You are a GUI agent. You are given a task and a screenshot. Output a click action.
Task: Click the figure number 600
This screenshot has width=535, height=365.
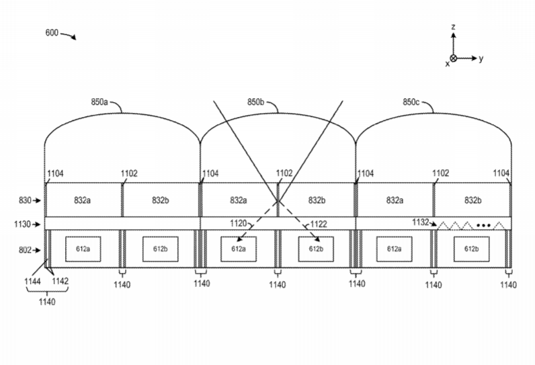click(51, 32)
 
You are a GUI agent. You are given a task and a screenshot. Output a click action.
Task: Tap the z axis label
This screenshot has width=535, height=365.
click(454, 27)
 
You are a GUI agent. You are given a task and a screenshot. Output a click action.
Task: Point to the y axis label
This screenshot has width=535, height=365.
click(481, 58)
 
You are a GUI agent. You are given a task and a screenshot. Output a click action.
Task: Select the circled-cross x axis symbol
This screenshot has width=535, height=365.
click(454, 58)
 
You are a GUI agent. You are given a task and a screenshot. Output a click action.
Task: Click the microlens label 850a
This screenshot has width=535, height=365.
click(99, 102)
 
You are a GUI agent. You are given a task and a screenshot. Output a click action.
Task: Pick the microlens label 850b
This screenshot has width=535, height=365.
click(255, 102)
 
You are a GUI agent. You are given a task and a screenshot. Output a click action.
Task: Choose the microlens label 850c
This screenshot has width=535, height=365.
click(411, 102)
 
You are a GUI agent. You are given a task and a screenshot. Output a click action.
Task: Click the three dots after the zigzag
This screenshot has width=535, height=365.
click(483, 224)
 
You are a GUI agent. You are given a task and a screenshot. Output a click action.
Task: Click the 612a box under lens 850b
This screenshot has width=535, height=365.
click(238, 249)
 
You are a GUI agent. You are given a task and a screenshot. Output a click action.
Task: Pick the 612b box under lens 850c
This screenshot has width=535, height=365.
click(471, 249)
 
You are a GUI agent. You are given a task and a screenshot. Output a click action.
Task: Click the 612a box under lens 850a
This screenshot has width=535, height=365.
click(83, 249)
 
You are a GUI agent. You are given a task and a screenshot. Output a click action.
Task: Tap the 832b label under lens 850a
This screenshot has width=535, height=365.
click(160, 200)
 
